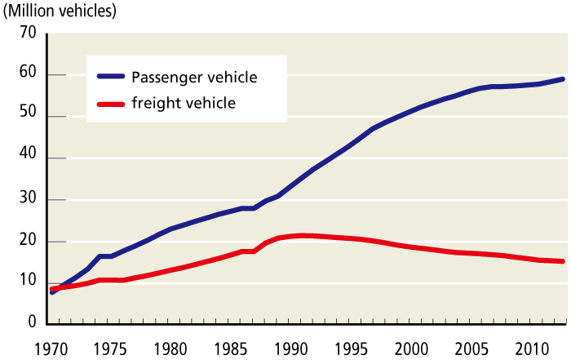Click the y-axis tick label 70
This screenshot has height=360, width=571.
click(28, 33)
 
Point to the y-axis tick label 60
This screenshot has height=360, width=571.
click(28, 75)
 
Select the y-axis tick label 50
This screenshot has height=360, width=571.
click(28, 117)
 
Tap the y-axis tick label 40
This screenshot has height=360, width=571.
click(28, 158)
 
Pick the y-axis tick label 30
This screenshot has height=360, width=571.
click(28, 200)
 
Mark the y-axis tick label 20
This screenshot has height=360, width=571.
click(28, 242)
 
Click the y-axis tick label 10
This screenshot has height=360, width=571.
click(28, 282)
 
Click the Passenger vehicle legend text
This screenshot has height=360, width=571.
click(195, 78)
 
